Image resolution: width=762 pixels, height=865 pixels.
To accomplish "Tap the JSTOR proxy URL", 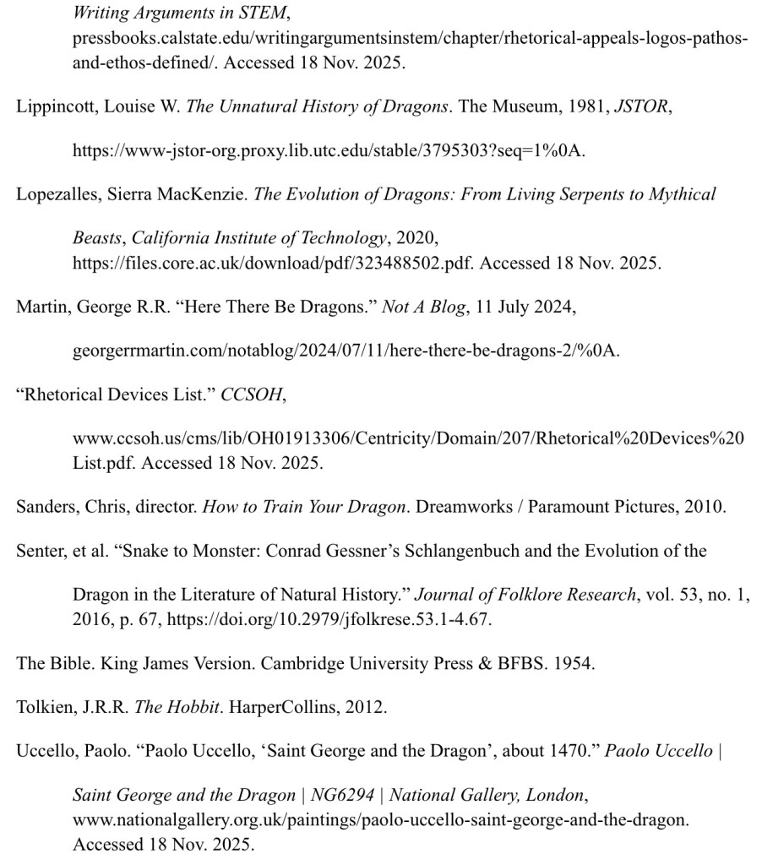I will [x=329, y=151].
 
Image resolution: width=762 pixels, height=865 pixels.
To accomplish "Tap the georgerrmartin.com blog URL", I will [x=346, y=351].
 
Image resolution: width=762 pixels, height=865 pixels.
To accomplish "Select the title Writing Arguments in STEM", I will [x=179, y=14].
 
